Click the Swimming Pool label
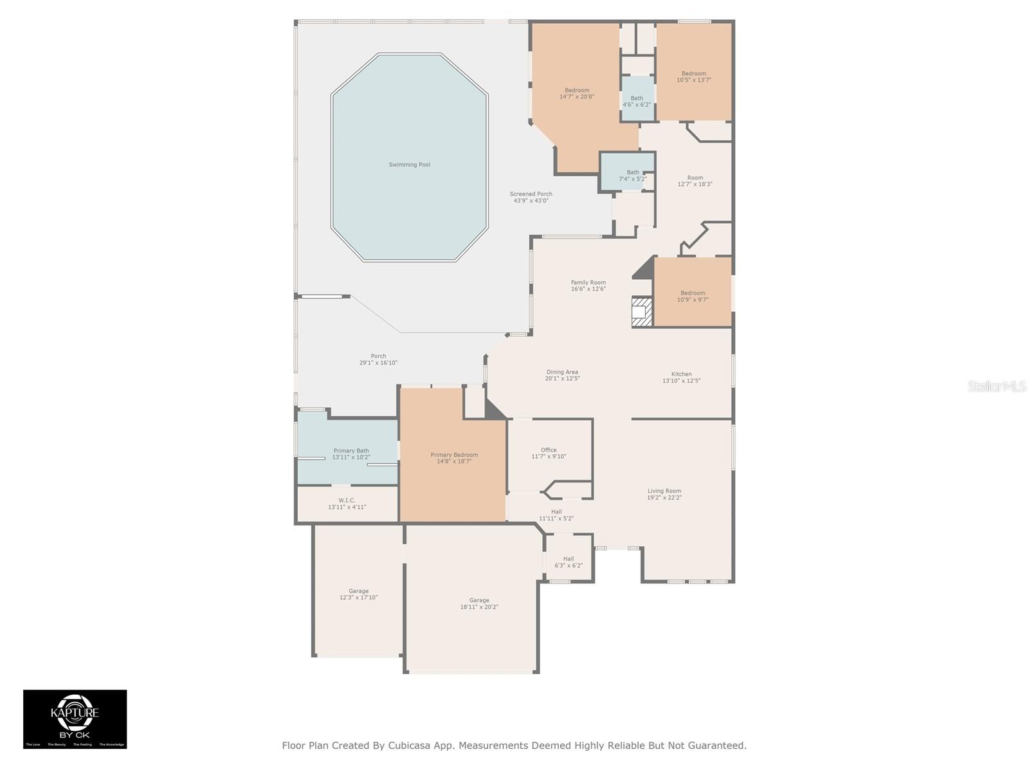(x=409, y=165)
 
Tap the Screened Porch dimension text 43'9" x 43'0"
(x=531, y=201)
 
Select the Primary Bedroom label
(x=454, y=455)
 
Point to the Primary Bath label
(x=351, y=451)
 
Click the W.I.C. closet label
(x=347, y=501)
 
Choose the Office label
(x=549, y=450)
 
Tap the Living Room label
(x=664, y=491)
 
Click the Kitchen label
(x=682, y=374)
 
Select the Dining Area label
(x=562, y=372)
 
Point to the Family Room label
(x=588, y=282)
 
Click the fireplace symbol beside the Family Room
(x=642, y=312)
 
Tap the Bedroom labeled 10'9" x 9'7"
(x=693, y=296)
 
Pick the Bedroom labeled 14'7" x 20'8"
(x=577, y=93)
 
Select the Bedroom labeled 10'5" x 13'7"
(x=694, y=77)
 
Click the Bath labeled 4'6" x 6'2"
(x=637, y=101)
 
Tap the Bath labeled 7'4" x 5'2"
(x=633, y=175)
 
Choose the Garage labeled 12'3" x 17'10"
(x=358, y=594)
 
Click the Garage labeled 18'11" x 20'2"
(x=479, y=603)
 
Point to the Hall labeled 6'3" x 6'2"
(x=569, y=562)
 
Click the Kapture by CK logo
(x=75, y=719)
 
